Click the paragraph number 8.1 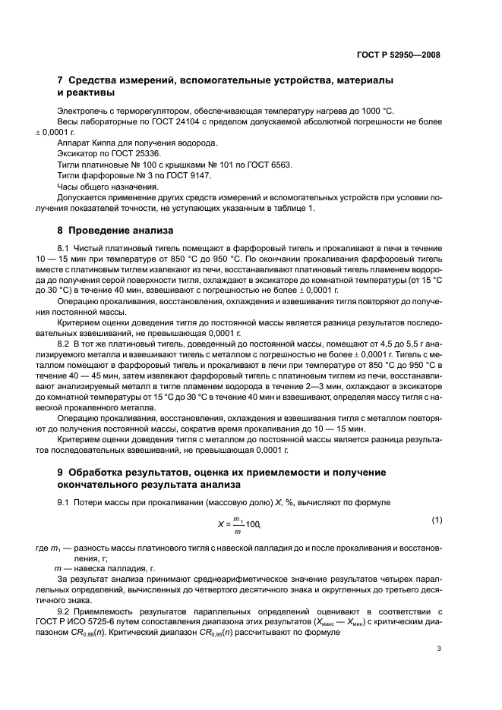point(65,248)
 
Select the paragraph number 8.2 point(65,343)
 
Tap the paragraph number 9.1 point(65,503)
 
